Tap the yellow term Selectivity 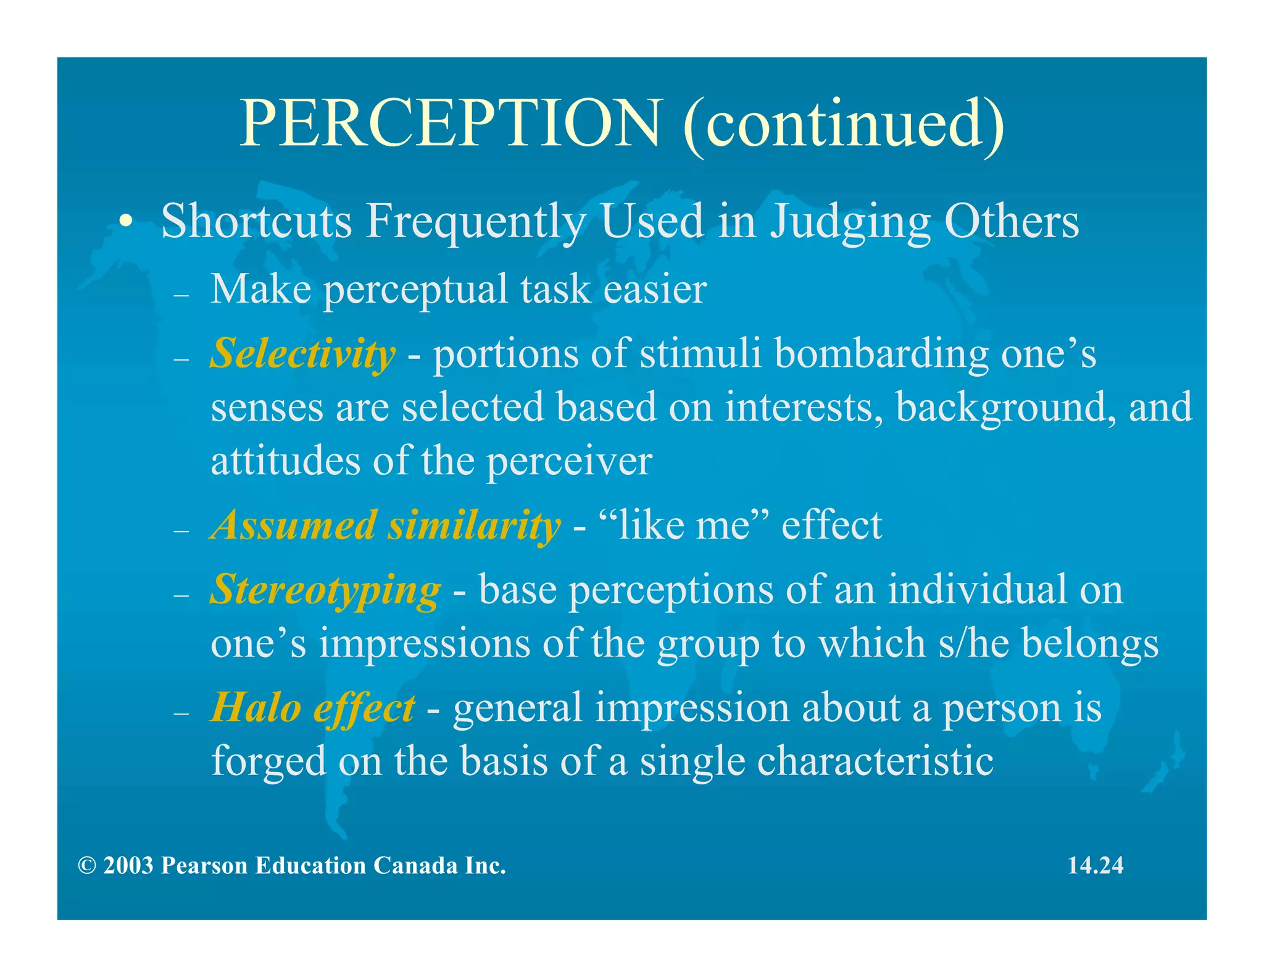click(x=302, y=354)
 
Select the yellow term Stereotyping click(x=325, y=590)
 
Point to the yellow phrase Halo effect click(x=312, y=708)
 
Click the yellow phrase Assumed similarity click(x=385, y=526)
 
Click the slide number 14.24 click(x=1096, y=865)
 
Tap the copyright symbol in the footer click(x=87, y=866)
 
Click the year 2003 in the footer click(x=128, y=866)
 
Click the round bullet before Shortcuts click(x=126, y=222)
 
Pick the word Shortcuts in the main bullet click(x=256, y=221)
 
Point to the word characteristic click(x=875, y=761)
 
